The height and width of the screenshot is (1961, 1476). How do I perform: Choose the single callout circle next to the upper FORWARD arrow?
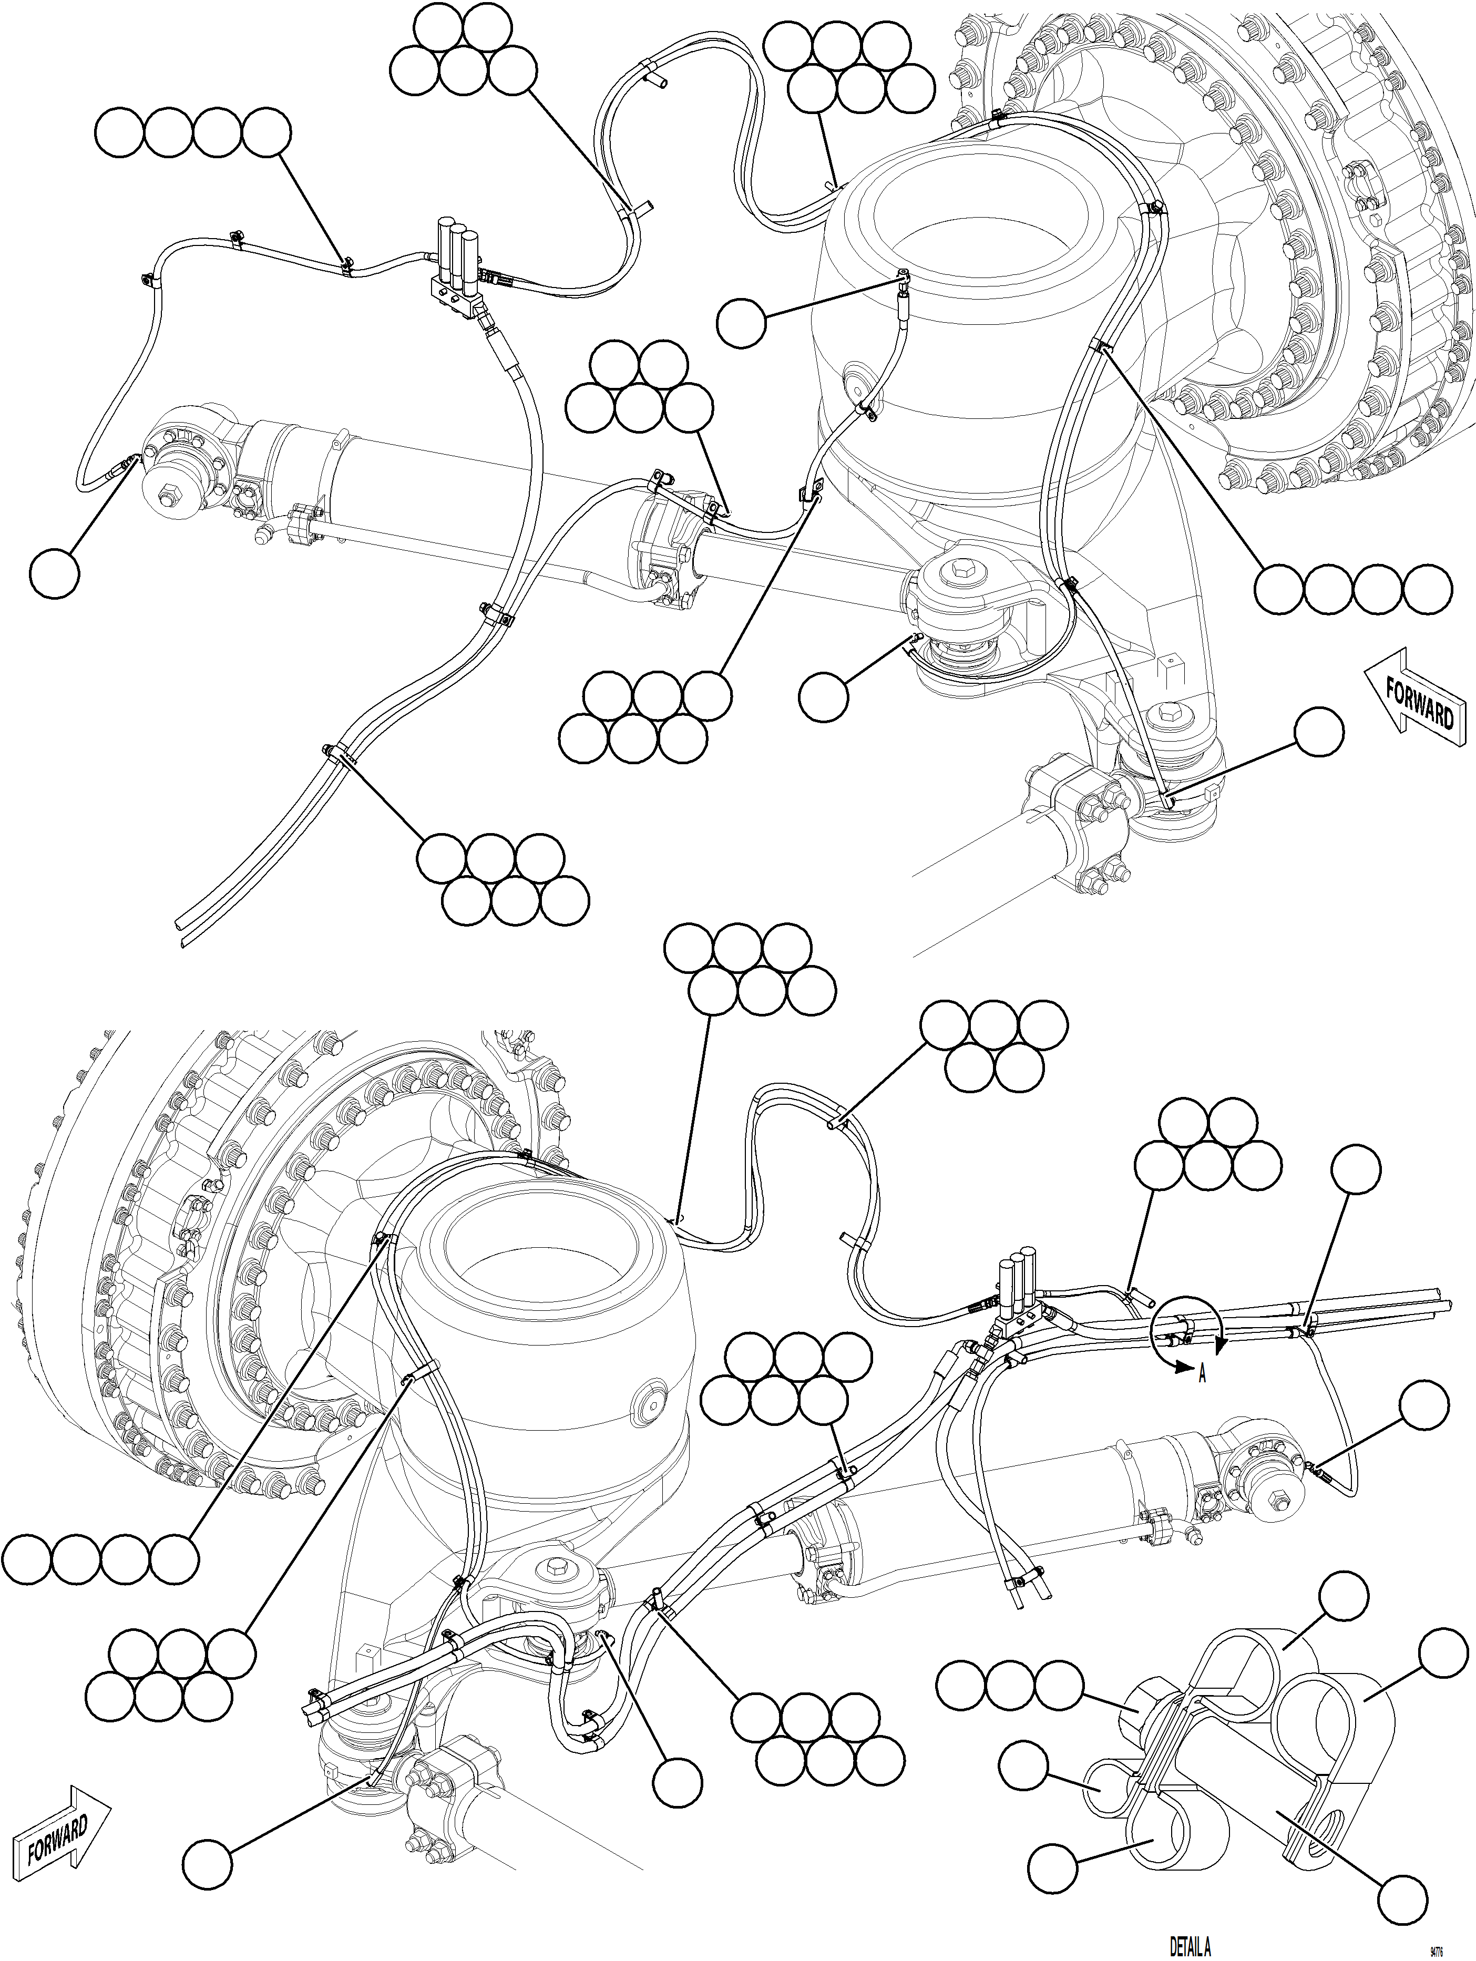point(1318,732)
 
